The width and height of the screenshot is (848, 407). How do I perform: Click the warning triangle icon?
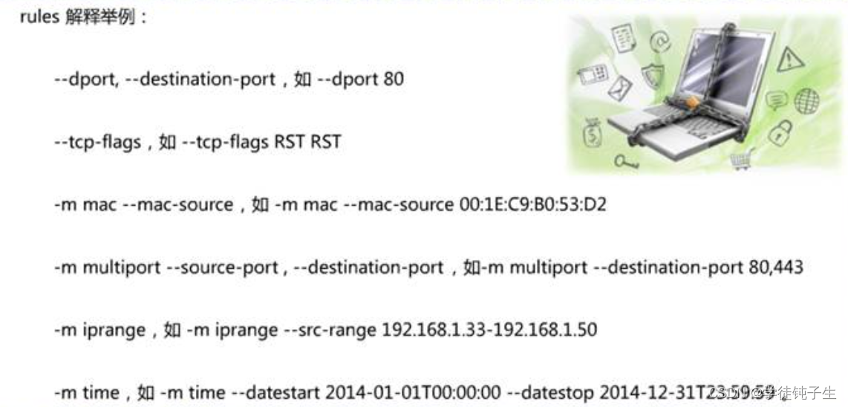790,59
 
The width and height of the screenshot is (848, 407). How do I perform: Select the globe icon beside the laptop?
806,101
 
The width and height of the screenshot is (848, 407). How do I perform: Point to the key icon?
626,160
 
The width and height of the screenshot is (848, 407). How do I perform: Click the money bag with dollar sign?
593,134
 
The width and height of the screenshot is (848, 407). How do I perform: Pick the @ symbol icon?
659,42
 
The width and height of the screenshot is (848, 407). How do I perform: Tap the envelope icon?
619,89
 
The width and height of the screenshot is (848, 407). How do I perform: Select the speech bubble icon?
776,100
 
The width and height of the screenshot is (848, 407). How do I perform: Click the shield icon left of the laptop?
652,76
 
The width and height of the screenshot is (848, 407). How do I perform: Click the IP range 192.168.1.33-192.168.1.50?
489,329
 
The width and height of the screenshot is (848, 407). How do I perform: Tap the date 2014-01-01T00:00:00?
412,391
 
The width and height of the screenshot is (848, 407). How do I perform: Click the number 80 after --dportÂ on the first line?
393,78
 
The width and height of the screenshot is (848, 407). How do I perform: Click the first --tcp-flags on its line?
97,141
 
